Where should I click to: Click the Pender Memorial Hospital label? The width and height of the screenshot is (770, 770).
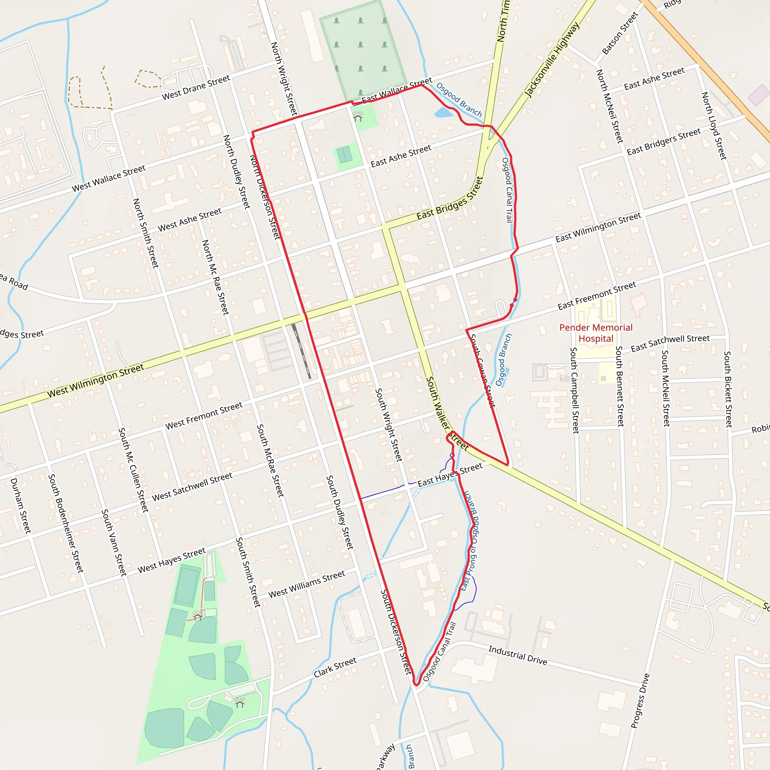click(596, 333)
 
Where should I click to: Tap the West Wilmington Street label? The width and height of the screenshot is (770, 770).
click(95, 380)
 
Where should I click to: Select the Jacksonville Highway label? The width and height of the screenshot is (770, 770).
click(552, 60)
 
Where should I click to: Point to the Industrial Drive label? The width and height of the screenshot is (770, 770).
click(518, 655)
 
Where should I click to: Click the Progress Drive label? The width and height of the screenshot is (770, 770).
click(640, 701)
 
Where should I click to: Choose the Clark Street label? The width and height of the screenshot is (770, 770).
click(335, 667)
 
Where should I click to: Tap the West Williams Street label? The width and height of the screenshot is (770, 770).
click(306, 584)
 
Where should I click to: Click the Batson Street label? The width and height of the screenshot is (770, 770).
click(620, 33)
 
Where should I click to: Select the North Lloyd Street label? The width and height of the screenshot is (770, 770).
click(714, 126)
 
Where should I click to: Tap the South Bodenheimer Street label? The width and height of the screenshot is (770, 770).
click(66, 523)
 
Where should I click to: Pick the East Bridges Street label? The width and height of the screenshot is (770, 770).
click(450, 199)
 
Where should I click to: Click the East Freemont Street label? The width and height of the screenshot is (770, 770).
click(597, 296)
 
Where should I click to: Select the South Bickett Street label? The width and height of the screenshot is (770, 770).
click(728, 389)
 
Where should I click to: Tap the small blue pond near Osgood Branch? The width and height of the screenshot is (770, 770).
click(444, 113)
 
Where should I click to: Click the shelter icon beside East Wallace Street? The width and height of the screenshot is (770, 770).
click(358, 117)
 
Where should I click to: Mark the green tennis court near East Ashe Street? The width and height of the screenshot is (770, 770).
click(345, 155)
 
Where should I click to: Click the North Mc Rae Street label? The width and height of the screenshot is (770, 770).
click(215, 277)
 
